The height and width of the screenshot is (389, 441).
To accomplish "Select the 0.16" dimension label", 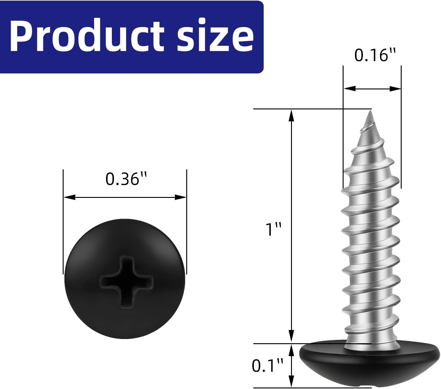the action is (x=375, y=55).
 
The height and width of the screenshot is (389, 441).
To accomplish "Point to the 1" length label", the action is (x=274, y=229).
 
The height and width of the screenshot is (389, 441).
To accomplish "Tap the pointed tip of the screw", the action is (x=370, y=111).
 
